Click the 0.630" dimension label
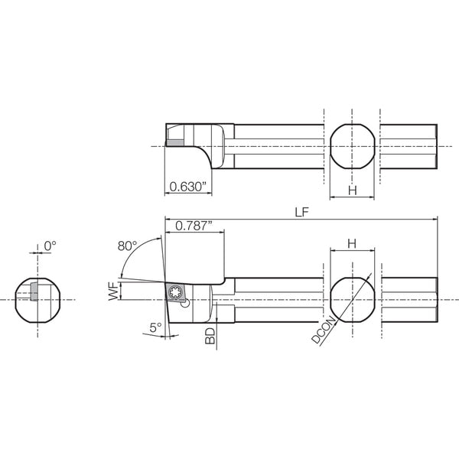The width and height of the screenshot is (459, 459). pyautogui.click(x=188, y=187)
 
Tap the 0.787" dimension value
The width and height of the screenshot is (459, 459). pyautogui.click(x=194, y=226)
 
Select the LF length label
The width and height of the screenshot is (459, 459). pyautogui.click(x=302, y=212)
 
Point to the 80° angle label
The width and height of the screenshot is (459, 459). pyautogui.click(x=127, y=246)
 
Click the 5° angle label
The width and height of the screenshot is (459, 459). pyautogui.click(x=156, y=327)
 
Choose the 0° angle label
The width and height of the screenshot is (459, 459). pyautogui.click(x=50, y=246)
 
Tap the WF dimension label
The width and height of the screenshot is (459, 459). pyautogui.click(x=113, y=291)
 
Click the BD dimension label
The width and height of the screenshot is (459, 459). pyautogui.click(x=210, y=336)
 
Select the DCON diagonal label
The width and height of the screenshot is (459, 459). pyautogui.click(x=324, y=330)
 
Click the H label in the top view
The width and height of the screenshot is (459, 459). pyautogui.click(x=353, y=190)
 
